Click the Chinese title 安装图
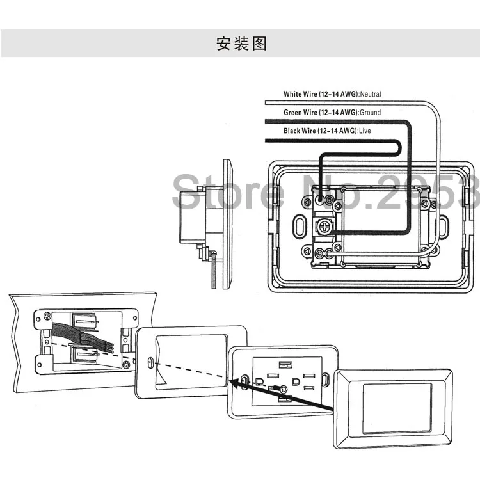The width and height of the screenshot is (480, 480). coord(241,44)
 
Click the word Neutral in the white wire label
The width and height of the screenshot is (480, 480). coord(371,94)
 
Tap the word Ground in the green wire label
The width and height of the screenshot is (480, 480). coord(370,113)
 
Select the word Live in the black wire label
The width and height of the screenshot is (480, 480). coord(365,131)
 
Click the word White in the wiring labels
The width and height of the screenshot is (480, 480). coord(292,94)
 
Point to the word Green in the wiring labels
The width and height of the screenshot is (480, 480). coord(292,113)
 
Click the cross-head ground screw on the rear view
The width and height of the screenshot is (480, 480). coord(324,227)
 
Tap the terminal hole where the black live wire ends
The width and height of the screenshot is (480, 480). coord(319,200)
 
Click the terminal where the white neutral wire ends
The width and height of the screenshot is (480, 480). coord(329,253)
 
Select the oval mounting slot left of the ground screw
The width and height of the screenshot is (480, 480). coord(300,226)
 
